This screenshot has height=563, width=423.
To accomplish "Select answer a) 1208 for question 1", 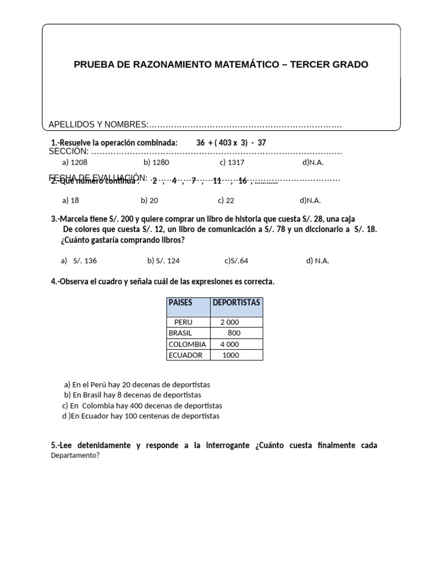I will (75, 163).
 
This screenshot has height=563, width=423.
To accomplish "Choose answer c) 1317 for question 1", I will (232, 163).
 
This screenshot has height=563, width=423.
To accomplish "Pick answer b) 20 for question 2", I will (149, 201).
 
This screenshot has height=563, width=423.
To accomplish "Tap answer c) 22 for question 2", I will (226, 201).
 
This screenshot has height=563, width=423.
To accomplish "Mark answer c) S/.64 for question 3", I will (236, 261).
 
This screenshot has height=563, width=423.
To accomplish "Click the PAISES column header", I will (180, 302).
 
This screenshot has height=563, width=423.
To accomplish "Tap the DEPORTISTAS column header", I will (236, 302).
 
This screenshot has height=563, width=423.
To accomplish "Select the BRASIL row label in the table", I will (181, 333).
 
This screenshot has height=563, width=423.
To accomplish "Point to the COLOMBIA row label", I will (187, 344).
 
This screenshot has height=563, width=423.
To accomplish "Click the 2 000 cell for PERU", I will (230, 322).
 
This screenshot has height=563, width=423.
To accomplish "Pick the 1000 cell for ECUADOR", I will (231, 355).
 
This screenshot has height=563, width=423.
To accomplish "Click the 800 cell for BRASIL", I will (234, 333).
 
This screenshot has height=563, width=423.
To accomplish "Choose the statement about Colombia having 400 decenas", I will (142, 406).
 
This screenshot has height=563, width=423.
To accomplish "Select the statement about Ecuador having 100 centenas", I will (141, 416).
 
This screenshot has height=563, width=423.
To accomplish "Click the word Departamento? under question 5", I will (75, 455).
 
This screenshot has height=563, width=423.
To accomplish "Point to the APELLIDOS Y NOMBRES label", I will (98, 125).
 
